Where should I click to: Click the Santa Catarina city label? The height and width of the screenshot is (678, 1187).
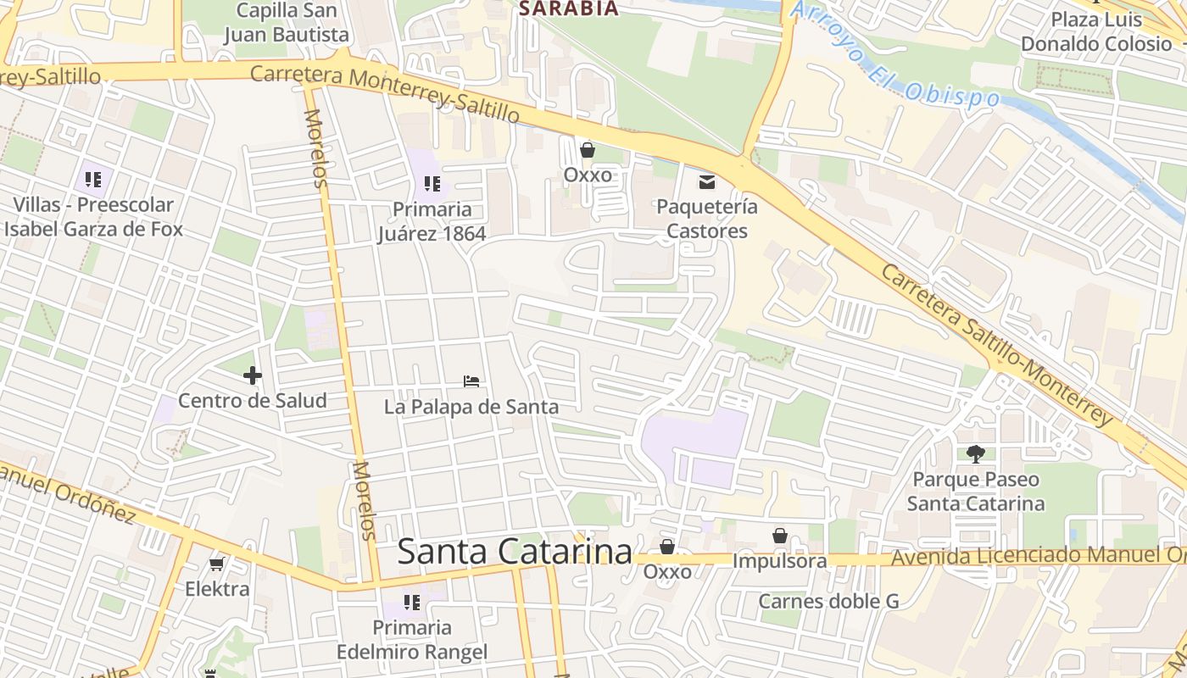pyautogui.click(x=514, y=552)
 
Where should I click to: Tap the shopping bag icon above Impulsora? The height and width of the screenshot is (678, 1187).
pyautogui.click(x=780, y=536)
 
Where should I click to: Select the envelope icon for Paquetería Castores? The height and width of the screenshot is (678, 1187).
pyautogui.click(x=706, y=181)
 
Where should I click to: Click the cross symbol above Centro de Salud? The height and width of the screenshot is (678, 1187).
pyautogui.click(x=252, y=375)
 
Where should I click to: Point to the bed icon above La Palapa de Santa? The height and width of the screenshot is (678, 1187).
pyautogui.click(x=471, y=381)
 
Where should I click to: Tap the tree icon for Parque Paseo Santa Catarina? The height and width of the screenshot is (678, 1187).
pyautogui.click(x=976, y=454)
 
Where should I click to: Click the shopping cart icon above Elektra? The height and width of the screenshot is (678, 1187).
pyautogui.click(x=217, y=564)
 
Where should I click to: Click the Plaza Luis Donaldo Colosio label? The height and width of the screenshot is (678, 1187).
pyautogui.click(x=1095, y=31)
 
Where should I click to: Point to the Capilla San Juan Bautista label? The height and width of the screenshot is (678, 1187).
pyautogui.click(x=287, y=23)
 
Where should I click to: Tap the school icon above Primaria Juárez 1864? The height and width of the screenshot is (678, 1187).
pyautogui.click(x=432, y=183)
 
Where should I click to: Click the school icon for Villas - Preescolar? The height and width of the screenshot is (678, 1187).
pyautogui.click(x=93, y=179)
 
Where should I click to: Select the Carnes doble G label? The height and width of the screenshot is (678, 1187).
pyautogui.click(x=828, y=601)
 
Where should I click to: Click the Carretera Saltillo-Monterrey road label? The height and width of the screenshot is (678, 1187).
pyautogui.click(x=996, y=346)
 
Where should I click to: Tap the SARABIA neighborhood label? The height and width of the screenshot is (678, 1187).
pyautogui.click(x=568, y=8)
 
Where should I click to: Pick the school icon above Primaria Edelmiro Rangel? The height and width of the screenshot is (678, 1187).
pyautogui.click(x=412, y=603)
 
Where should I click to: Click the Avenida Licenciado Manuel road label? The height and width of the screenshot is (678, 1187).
pyautogui.click(x=1034, y=557)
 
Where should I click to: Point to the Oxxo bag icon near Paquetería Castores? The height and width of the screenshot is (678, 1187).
pyautogui.click(x=588, y=150)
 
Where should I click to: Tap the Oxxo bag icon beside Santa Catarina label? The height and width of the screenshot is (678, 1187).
pyautogui.click(x=667, y=547)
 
